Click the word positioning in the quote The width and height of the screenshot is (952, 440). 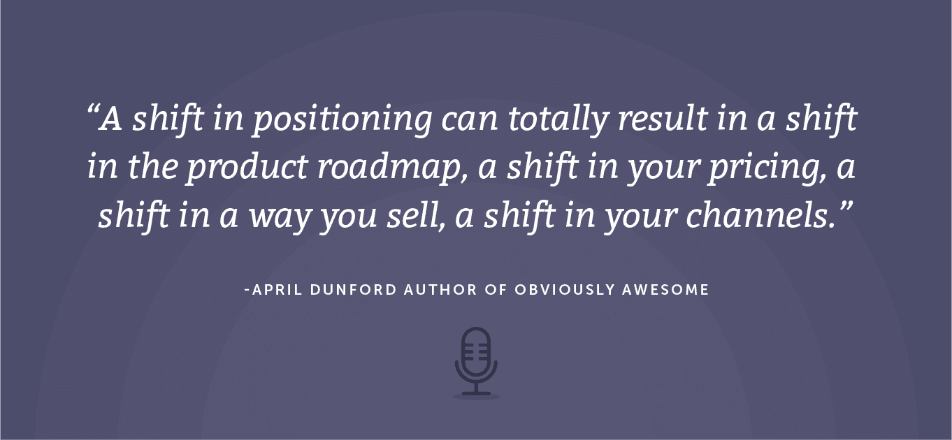coord(342,119)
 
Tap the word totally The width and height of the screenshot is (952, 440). coord(558,119)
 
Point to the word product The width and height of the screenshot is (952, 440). coord(247,168)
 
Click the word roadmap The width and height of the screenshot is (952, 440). coord(393,168)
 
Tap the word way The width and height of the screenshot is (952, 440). coord(280,217)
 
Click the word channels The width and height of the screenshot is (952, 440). coord(760,215)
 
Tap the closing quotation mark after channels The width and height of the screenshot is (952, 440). coord(844,207)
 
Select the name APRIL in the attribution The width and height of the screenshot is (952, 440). coord(277,290)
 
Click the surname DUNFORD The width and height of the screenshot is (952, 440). coord(353,290)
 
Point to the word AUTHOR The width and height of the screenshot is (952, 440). coord(440,290)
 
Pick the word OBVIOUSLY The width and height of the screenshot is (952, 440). coord(565,290)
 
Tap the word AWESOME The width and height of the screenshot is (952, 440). coord(665,290)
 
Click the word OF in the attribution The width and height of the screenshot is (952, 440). coord(496,290)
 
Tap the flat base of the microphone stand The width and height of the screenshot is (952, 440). coord(476,394)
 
